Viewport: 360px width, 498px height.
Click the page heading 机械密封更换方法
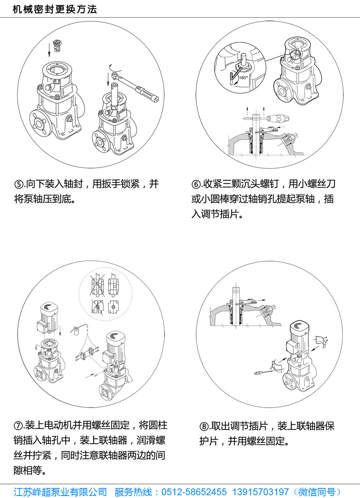(x=55, y=10)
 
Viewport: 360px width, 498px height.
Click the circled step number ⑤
(x=18, y=184)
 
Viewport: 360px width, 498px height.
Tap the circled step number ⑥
(x=196, y=184)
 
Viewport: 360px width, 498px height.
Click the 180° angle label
(x=243, y=78)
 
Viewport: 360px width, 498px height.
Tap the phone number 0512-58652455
(x=194, y=492)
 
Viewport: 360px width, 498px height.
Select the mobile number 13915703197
(x=260, y=492)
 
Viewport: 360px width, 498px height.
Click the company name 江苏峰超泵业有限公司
(x=60, y=492)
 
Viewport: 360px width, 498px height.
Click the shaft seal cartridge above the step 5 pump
(x=58, y=46)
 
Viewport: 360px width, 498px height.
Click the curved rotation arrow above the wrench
(x=116, y=68)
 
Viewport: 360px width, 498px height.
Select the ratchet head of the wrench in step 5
(x=115, y=75)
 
